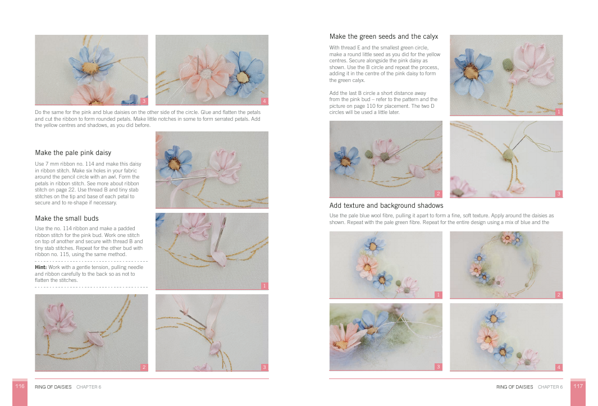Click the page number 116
20,386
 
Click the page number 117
578,386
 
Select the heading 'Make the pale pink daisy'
73,153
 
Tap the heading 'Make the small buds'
67,218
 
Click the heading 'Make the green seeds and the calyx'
384,37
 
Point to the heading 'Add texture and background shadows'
386,206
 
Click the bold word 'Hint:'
41,267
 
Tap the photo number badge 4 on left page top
264,101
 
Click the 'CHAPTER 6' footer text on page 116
89,387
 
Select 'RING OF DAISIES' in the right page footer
514,387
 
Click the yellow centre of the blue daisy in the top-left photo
90,68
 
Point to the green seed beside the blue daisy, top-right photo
507,64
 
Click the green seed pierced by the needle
508,155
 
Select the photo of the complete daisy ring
506,265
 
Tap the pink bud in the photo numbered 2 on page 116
94,339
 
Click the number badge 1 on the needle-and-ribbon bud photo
264,286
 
